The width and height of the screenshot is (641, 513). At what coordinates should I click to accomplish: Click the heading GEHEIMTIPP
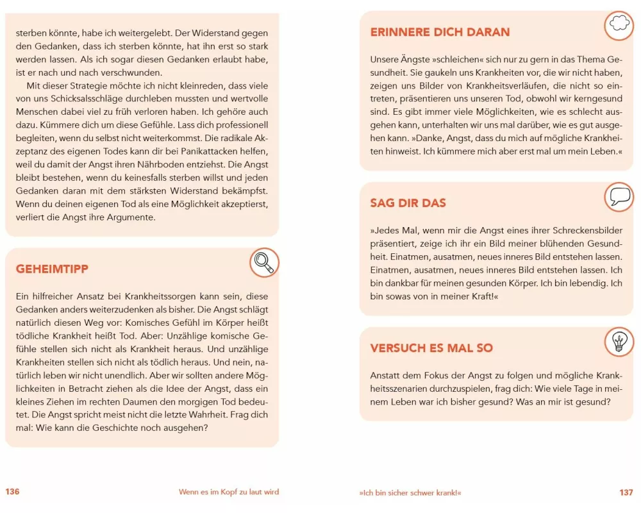click(x=52, y=269)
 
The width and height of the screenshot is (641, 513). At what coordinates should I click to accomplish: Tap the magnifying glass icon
click(x=263, y=262)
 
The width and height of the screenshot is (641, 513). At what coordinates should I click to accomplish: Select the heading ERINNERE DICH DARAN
click(x=440, y=32)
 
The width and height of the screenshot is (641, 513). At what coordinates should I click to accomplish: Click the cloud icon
click(x=619, y=24)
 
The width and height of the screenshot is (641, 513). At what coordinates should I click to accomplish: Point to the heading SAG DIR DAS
click(x=408, y=203)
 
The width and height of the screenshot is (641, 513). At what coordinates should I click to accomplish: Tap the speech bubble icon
click(x=619, y=196)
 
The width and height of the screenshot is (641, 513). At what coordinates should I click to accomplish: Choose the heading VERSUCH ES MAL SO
click(x=431, y=348)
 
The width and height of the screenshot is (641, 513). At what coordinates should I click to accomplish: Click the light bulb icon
click(x=619, y=341)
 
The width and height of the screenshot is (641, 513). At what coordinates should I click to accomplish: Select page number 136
click(x=13, y=492)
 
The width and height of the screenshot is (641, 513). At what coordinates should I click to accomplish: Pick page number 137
click(x=626, y=492)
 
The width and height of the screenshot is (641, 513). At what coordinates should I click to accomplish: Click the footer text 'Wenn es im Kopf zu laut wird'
click(x=229, y=492)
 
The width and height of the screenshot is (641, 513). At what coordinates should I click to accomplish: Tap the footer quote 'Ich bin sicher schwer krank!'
click(x=410, y=492)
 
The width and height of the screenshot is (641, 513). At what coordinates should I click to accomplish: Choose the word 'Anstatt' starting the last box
click(x=385, y=375)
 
